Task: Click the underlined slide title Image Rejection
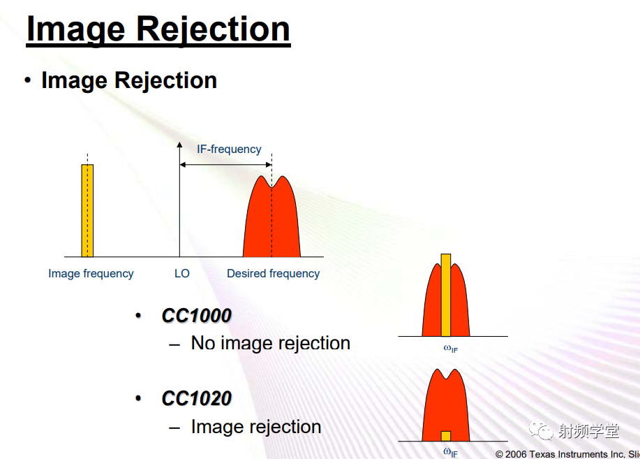coord(158,29)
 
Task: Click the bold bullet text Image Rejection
coord(129,80)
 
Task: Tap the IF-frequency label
coord(229,150)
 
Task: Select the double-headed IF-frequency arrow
coord(225,165)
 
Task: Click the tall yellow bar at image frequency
coord(87,210)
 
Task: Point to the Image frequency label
coord(91,273)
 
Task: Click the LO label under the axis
coord(182,273)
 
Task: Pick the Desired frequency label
coord(273,273)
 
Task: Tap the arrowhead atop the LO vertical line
coord(179,145)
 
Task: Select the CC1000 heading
coord(196,316)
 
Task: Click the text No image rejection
coord(271,343)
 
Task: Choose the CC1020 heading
coord(196,398)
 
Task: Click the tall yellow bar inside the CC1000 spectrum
coord(446,295)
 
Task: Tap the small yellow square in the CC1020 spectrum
coord(446,436)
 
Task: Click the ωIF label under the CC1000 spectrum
coord(451,349)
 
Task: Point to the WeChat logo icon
coord(541,430)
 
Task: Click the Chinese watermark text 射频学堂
coord(588,431)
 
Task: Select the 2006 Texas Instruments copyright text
coord(567,454)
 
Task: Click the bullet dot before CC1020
coord(138,398)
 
